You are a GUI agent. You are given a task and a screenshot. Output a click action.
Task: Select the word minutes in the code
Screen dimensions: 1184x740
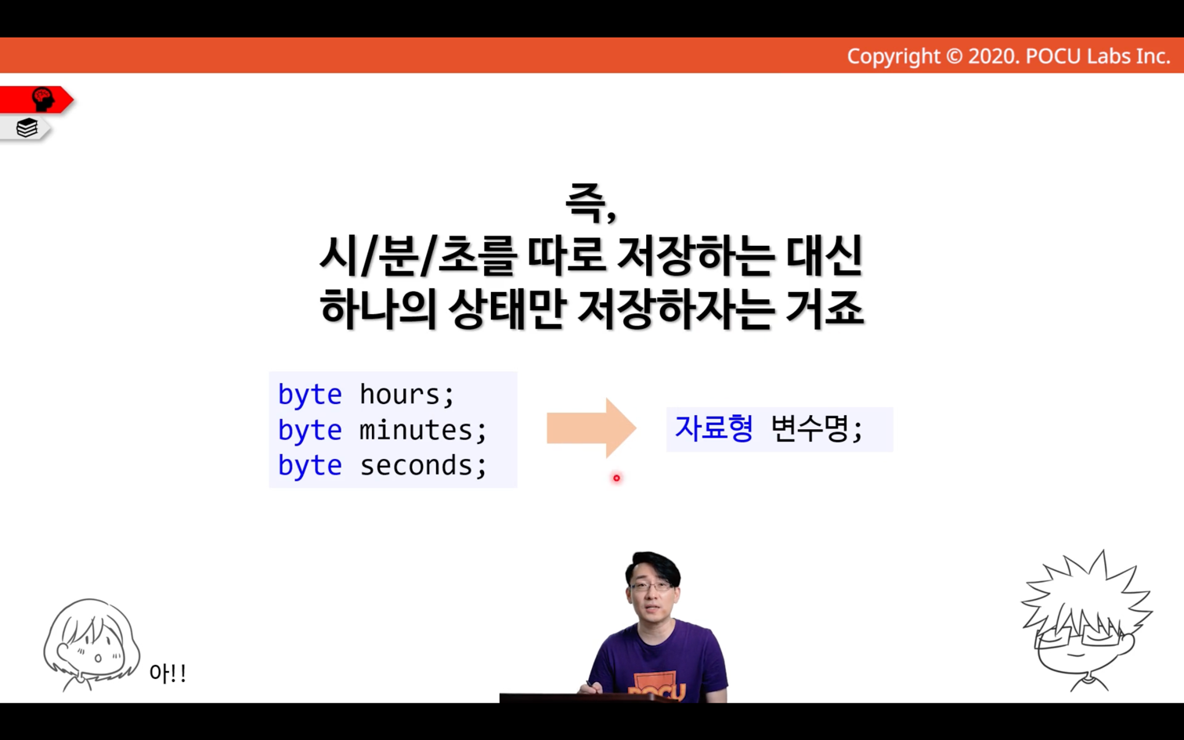[x=415, y=430]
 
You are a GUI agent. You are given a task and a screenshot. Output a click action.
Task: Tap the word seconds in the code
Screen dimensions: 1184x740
[x=416, y=466]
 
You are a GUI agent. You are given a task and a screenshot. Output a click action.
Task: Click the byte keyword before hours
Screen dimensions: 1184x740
[x=310, y=395]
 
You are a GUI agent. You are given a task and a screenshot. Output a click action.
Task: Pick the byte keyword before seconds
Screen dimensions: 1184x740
[x=310, y=467]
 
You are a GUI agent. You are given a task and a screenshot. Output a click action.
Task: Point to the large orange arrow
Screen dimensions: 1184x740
[x=591, y=428]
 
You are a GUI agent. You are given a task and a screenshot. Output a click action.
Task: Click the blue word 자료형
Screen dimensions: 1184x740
[x=713, y=428]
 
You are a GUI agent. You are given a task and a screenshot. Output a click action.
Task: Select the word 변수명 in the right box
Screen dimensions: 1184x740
[x=809, y=428]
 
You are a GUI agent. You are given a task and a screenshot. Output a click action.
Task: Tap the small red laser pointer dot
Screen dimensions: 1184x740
[x=616, y=478]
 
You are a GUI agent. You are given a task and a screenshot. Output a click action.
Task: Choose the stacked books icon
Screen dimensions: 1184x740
[x=27, y=128]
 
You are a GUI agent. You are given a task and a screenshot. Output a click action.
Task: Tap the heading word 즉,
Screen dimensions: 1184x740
[x=591, y=204]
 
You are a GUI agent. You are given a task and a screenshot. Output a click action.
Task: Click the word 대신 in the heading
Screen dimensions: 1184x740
[x=825, y=255]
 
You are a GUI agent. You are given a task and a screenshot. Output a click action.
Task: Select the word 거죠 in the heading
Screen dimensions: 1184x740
[x=825, y=309]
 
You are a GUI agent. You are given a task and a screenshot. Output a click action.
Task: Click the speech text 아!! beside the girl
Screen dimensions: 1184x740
[x=168, y=673]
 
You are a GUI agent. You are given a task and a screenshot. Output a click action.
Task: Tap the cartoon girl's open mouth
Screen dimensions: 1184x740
[x=98, y=659]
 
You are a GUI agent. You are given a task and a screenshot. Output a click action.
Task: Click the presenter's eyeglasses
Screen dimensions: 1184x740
[x=652, y=587]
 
